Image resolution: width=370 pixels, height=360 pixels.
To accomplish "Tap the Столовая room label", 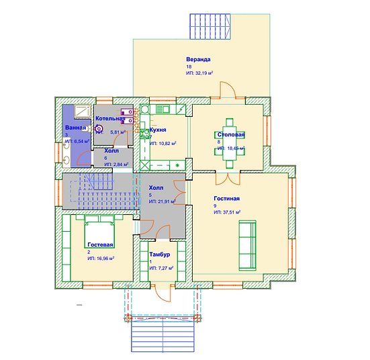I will click(x=230, y=135).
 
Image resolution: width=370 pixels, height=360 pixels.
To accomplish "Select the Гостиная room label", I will click(x=227, y=199).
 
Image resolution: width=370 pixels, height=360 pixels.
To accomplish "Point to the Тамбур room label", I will click(x=159, y=255).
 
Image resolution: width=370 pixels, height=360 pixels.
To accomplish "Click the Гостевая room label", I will click(x=100, y=244).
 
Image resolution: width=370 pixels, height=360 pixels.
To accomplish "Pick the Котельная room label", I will click(x=110, y=120).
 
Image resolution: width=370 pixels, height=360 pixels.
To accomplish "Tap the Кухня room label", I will click(x=158, y=129).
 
